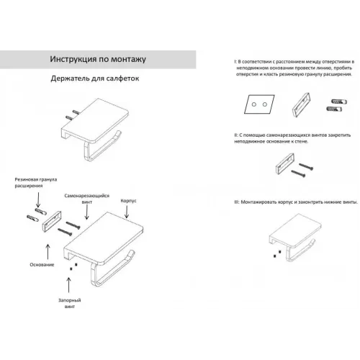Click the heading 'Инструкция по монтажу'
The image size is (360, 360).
pyautogui.click(x=98, y=59)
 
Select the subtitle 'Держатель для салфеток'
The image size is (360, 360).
pyautogui.click(x=95, y=78)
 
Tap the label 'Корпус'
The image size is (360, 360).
pyautogui.click(x=128, y=201)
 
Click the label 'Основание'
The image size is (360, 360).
pyautogui.click(x=42, y=264)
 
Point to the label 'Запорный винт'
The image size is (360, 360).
pyautogui.click(x=70, y=303)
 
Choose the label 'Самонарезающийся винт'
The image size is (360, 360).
pyautogui.click(x=87, y=199)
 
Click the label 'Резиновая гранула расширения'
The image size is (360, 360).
pyautogui.click(x=36, y=182)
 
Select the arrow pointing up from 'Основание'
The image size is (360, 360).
pyautogui.click(x=48, y=252)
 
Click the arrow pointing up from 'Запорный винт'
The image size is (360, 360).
pyautogui.click(x=69, y=285)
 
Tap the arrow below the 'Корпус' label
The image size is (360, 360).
pyautogui.click(x=127, y=212)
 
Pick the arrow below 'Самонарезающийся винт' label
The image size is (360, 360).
pyautogui.click(x=86, y=212)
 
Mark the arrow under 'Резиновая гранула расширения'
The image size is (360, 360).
pyautogui.click(x=38, y=200)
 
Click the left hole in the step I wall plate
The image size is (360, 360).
pyautogui.click(x=254, y=104)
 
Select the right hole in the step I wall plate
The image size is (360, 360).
pyautogui.click(x=265, y=104)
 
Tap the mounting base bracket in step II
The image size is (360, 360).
pyautogui.click(x=285, y=163)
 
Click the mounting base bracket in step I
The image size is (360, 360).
pyautogui.click(x=301, y=105)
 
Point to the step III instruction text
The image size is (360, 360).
pyautogui.click(x=296, y=202)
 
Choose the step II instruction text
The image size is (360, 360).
pyautogui.click(x=292, y=138)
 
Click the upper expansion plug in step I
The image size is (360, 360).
pyautogui.click(x=339, y=102)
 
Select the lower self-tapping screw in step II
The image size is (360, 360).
pyautogui.click(x=298, y=174)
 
